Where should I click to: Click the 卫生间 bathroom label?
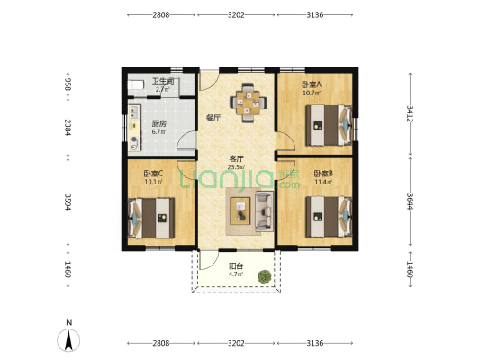163,81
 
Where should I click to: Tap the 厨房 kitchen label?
159,124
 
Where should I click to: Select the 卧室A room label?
312,85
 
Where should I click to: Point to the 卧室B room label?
323,174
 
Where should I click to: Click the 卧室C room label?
153,174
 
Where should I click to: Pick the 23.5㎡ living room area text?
236,167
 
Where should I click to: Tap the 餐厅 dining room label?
213,118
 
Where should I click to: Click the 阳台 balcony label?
236,265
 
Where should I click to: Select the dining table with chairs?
249,103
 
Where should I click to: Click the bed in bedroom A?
329,125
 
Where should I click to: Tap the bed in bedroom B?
329,217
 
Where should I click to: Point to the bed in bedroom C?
151,218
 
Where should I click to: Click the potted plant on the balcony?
265,276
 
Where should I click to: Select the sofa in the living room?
264,211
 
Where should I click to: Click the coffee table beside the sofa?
240,211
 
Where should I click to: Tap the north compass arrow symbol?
68,340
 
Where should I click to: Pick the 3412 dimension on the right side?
410,113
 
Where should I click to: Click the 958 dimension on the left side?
68,84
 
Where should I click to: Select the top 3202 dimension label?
236,14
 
